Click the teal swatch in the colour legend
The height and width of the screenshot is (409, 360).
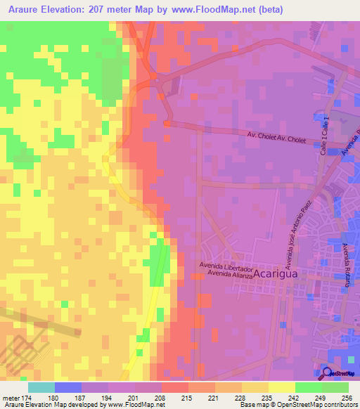41,387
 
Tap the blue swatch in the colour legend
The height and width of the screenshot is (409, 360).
67,387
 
